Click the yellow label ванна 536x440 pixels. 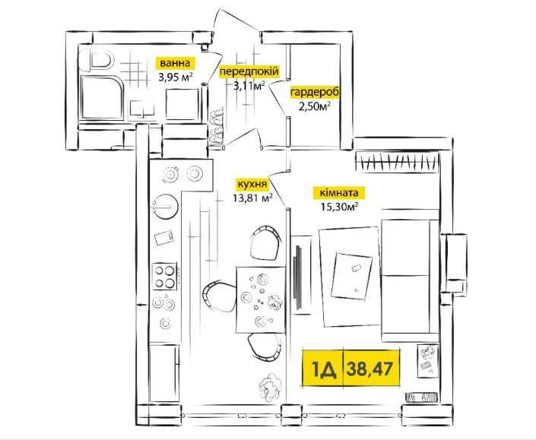(176, 63)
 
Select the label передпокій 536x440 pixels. (249, 71)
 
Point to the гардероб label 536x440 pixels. (315, 93)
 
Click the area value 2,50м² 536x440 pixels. (315, 106)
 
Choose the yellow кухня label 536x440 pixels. (252, 184)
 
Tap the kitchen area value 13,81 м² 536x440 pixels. (252, 198)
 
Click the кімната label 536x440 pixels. (339, 193)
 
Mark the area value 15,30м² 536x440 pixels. (339, 207)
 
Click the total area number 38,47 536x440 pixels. (369, 369)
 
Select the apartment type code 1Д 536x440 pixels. (323, 369)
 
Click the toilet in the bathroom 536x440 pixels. (100, 62)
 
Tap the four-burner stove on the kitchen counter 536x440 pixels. (164, 276)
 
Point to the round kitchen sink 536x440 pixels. (164, 207)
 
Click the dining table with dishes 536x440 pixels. (261, 300)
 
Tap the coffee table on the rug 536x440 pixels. (352, 276)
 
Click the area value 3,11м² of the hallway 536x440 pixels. (249, 85)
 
